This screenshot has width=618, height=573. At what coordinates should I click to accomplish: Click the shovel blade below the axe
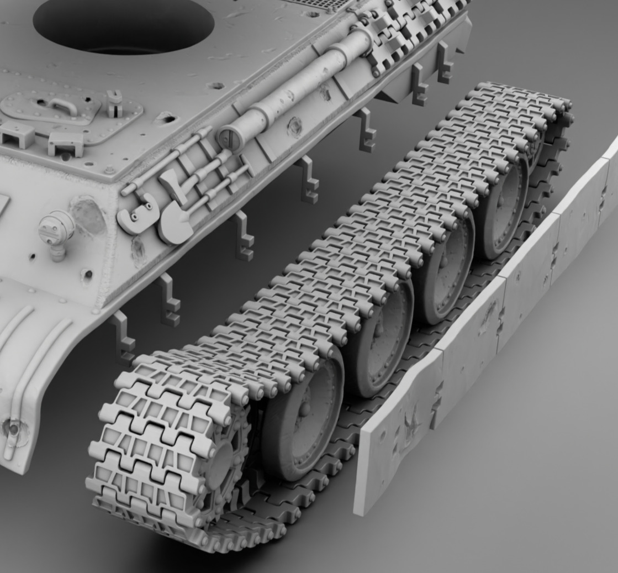[173, 224]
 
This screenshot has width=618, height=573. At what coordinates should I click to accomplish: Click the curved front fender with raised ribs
[33, 359]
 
